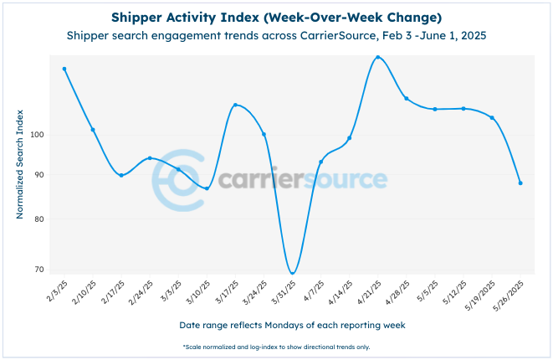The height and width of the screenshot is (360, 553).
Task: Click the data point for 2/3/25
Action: tap(64, 69)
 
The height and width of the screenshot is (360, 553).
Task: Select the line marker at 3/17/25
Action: tap(235, 105)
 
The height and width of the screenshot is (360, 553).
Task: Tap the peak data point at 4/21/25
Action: tap(378, 57)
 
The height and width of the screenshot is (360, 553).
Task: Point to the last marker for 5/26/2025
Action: tap(520, 183)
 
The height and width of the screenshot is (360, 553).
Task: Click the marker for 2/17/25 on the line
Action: tap(121, 175)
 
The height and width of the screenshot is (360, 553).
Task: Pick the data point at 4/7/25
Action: tap(320, 162)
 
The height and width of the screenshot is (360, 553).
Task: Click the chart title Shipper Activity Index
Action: tap(276, 18)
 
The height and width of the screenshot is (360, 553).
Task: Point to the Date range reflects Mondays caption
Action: tap(276, 324)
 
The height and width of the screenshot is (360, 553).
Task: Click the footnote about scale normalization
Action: tap(276, 347)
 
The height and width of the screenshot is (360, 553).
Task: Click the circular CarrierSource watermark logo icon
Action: tap(178, 179)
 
